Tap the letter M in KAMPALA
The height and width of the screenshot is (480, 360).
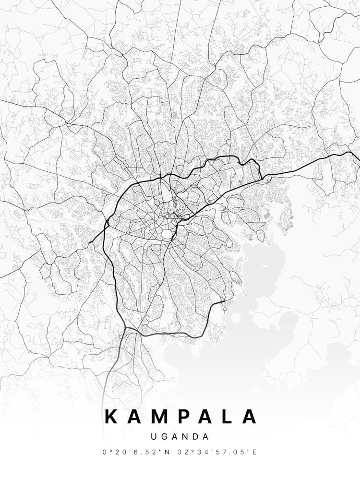[x=161, y=417]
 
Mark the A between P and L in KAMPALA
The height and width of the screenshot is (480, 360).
[x=206, y=417]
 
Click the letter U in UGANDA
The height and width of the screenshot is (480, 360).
[x=153, y=437]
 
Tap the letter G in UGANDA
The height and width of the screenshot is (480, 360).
[x=164, y=437]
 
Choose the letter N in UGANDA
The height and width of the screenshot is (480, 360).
[x=185, y=437]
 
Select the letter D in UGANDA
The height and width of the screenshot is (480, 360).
[x=196, y=437]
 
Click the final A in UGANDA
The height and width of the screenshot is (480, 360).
[x=206, y=437]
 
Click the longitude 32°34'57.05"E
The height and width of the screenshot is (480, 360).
[x=218, y=452]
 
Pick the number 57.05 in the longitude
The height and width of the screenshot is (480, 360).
[x=233, y=452]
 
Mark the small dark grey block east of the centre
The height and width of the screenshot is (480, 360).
[x=267, y=217]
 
